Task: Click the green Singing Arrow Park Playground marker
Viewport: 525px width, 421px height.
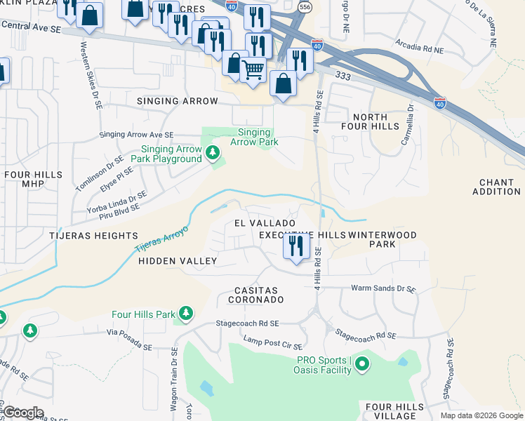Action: click(212, 152)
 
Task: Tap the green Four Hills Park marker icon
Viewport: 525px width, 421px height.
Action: click(186, 313)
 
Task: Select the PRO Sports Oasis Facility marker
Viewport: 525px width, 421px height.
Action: click(361, 363)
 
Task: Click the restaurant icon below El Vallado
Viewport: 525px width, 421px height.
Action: click(296, 246)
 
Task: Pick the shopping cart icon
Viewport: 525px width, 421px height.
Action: click(253, 69)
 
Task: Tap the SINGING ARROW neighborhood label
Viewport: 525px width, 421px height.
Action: click(178, 101)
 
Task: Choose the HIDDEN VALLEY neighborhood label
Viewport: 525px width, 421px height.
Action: click(178, 260)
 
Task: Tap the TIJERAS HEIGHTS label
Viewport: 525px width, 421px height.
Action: click(93, 236)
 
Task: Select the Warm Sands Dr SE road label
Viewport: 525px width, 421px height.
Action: click(383, 288)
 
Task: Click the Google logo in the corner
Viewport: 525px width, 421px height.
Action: click(23, 413)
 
